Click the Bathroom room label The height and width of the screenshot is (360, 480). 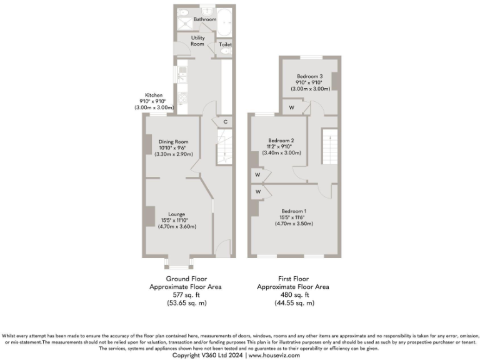coord(204,19)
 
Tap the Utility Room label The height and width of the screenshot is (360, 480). coord(197,41)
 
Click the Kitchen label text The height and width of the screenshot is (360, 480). coord(154,95)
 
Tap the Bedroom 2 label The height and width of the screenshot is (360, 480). coord(281,141)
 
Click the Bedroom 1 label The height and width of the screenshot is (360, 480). coord(294,211)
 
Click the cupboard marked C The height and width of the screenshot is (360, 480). coord(224,121)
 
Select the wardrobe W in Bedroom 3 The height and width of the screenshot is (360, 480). coord(291,108)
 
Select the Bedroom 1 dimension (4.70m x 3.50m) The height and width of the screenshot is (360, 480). coord(294,223)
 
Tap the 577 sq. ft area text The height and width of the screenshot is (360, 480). coord(186,295)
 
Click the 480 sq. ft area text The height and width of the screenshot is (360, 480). coord(294,295)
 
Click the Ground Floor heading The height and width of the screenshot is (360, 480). coord(186,279)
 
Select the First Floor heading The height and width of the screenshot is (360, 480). coord(294,279)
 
